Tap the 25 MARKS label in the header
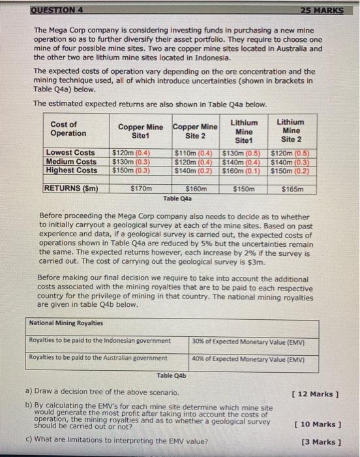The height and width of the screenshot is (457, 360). [327, 10]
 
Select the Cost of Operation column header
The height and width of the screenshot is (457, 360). [68, 129]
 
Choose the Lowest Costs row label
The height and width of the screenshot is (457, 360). [70, 153]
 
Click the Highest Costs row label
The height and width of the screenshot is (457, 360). [71, 170]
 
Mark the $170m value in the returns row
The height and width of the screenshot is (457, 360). [142, 188]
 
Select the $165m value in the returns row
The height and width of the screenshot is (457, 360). [291, 188]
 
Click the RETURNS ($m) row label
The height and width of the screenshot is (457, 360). [71, 188]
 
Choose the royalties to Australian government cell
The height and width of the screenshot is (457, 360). [98, 357]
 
